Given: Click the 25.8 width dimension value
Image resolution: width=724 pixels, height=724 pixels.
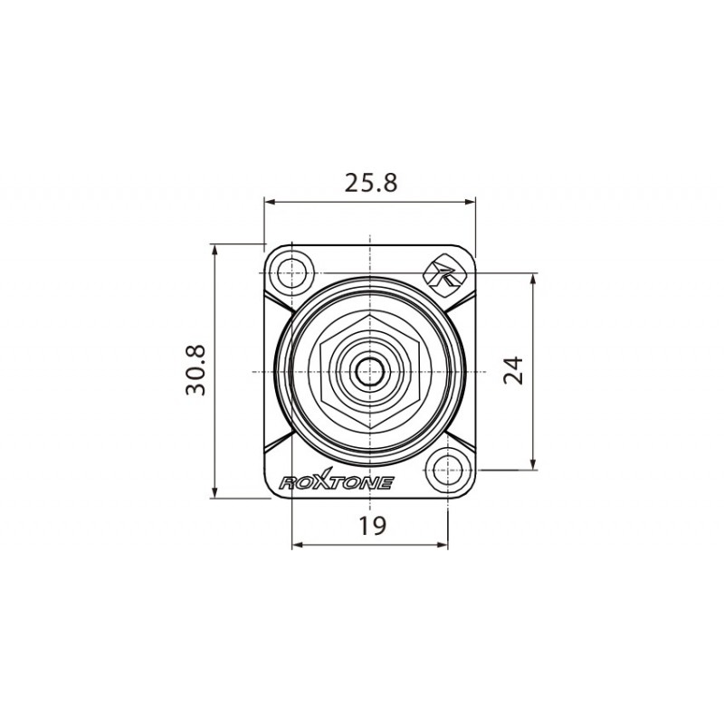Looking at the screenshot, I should [370, 183].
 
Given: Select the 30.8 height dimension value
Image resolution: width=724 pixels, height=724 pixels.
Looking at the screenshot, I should [196, 370].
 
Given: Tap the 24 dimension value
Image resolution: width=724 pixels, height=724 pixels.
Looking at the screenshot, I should [514, 370].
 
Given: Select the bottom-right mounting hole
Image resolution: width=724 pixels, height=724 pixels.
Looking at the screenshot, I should [447, 470].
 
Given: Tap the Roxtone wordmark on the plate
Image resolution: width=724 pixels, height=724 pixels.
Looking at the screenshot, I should [336, 482].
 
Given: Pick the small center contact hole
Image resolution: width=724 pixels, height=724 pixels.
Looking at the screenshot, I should [369, 371].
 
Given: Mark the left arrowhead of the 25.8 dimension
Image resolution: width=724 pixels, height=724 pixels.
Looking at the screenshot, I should [269, 203].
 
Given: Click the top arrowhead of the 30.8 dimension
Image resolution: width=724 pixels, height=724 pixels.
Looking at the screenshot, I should [214, 249].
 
